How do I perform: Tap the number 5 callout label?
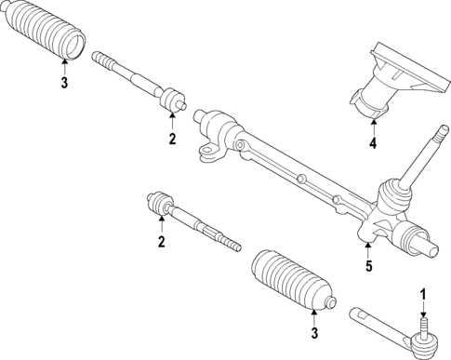(368, 267)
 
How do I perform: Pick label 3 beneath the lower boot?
(314, 332)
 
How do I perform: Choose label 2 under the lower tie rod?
(161, 243)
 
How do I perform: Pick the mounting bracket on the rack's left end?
(210, 148)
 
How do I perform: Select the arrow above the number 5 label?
(368, 249)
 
